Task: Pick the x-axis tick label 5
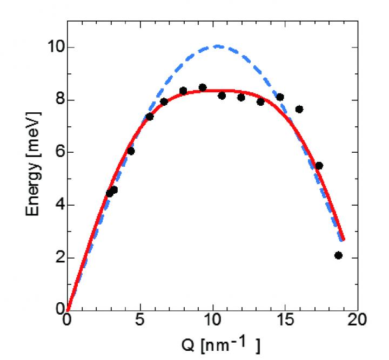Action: [x=140, y=321]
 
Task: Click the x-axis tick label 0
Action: [x=67, y=321]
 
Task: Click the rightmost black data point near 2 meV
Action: [x=338, y=255]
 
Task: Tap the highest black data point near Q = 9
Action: [x=203, y=87]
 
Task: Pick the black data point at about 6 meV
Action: [x=131, y=151]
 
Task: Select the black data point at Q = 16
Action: [x=299, y=109]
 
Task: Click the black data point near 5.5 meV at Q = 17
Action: [x=319, y=166]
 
